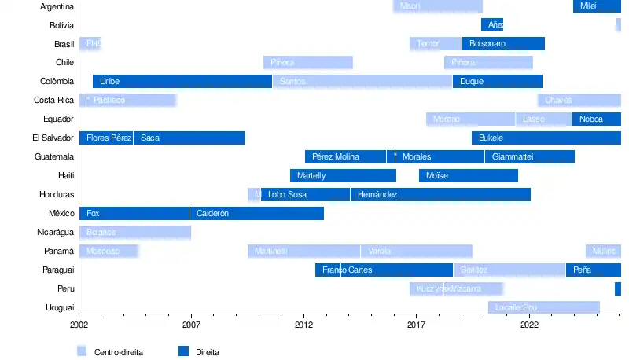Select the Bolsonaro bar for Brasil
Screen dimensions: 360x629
(503, 44)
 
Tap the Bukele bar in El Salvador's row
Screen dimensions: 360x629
(546, 138)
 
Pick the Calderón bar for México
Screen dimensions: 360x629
(256, 214)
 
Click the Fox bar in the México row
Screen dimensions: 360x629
(134, 214)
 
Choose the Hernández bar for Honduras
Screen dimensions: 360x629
(440, 195)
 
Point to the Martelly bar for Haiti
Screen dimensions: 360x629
(343, 176)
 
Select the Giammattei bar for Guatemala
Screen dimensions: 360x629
(529, 157)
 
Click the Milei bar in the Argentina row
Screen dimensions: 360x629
(597, 6)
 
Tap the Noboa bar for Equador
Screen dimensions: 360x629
(596, 119)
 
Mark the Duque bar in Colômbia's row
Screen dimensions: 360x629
(497, 82)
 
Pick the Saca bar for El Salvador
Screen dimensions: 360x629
(189, 138)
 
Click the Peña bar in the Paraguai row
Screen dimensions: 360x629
(593, 270)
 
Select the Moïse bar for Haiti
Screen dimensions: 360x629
(469, 176)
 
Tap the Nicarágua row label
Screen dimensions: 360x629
(55, 233)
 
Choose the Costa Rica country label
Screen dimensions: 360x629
(53, 101)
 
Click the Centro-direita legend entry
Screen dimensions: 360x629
(118, 352)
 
